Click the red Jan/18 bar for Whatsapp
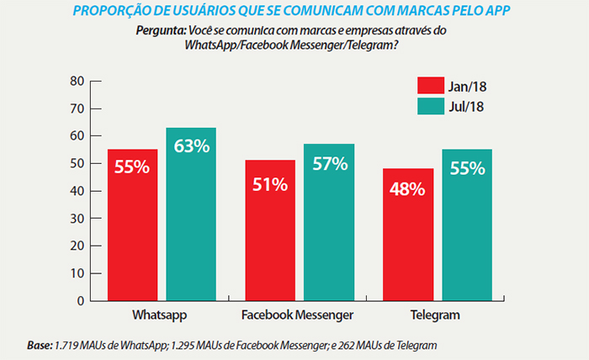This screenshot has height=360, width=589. (132, 225)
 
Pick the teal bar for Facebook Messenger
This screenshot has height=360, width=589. (329, 222)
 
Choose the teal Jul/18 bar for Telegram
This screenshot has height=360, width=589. (467, 225)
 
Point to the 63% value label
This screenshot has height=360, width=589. (191, 146)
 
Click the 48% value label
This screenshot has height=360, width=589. (408, 189)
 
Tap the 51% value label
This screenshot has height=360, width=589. (270, 183)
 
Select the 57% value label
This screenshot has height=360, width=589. (329, 165)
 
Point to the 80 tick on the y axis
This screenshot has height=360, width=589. (78, 81)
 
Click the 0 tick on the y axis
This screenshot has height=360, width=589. (82, 300)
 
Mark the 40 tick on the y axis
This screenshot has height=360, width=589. (78, 191)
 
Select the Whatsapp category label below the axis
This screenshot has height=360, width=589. (159, 315)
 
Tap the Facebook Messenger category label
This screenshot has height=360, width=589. (299, 315)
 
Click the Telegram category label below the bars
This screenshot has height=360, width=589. (437, 315)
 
